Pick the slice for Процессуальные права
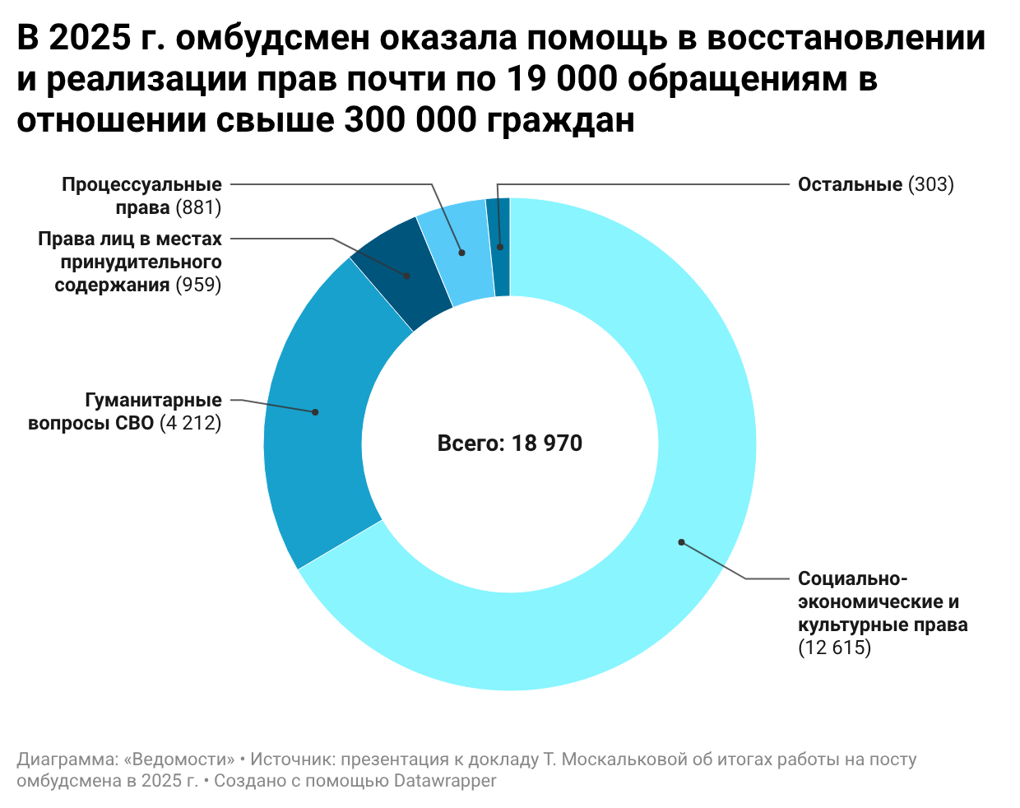458,251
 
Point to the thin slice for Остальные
500,247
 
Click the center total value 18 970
547,443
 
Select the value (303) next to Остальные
931,184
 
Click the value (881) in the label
198,207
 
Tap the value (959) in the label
198,285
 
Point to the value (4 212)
190,423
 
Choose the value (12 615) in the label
834,648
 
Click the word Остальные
850,184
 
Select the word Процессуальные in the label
141,184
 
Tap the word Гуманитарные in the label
154,400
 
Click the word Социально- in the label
852,578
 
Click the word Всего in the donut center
470,443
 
